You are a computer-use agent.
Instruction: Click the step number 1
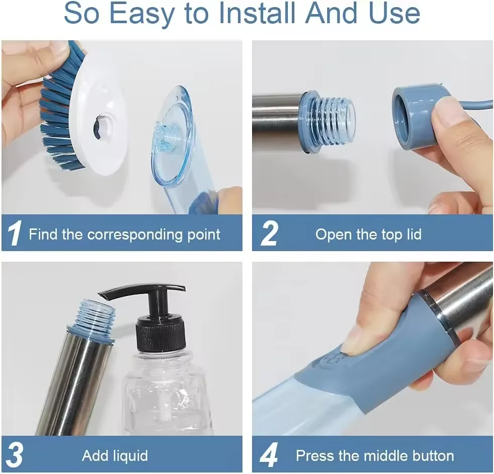(15, 234)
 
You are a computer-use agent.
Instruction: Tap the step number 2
(269, 234)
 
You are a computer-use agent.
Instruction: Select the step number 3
(15, 456)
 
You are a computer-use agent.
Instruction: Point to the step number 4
(269, 456)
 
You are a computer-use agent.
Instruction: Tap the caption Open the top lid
(368, 234)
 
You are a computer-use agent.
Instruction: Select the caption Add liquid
(115, 456)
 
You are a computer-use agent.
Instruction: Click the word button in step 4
(428, 456)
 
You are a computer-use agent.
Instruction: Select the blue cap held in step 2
(416, 116)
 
